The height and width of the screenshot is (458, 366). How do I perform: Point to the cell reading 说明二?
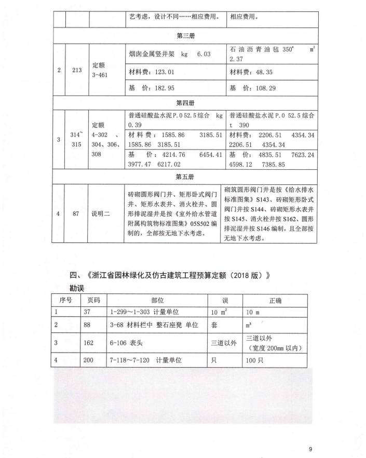click(x=102, y=212)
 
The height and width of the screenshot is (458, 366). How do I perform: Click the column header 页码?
click(x=94, y=301)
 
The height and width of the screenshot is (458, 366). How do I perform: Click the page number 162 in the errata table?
click(x=90, y=344)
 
